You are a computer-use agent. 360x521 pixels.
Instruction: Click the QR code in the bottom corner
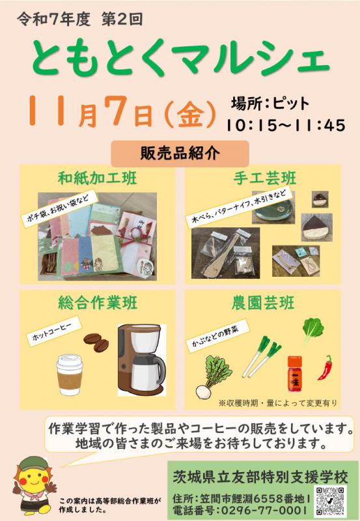(330, 500)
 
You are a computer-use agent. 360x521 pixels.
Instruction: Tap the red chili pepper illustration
(325, 367)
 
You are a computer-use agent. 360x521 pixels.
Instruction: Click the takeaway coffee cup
(70, 375)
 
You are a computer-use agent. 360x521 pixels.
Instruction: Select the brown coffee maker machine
(141, 360)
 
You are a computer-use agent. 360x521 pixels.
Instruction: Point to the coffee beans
(96, 343)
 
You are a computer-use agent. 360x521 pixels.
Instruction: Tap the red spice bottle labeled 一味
(295, 373)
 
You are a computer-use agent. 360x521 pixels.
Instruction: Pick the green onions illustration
(262, 357)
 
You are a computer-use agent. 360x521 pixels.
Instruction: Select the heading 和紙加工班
(97, 178)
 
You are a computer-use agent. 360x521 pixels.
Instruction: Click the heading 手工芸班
(265, 178)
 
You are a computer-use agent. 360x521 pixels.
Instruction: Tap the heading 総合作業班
(98, 303)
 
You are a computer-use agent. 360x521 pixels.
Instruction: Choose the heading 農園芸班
(263, 303)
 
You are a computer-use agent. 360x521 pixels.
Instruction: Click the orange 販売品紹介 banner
(180, 154)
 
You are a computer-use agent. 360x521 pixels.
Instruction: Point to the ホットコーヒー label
(54, 331)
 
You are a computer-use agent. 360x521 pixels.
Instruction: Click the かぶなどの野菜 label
(217, 333)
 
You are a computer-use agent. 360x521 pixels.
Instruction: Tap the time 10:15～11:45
(286, 126)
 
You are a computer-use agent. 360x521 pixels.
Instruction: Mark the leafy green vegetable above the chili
(313, 329)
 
